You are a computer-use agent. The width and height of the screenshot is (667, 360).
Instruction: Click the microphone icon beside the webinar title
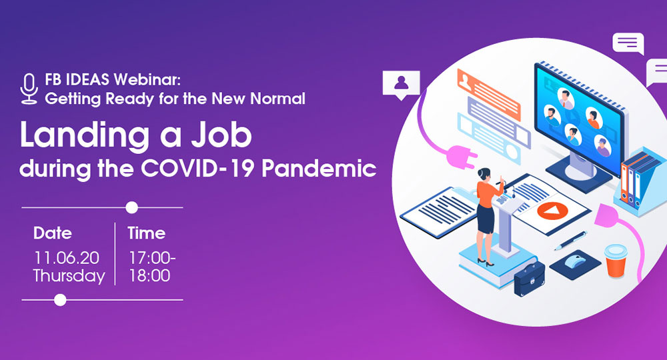(29, 89)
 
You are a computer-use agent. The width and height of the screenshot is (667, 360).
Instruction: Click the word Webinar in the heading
(147, 79)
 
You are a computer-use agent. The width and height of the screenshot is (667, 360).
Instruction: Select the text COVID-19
(198, 168)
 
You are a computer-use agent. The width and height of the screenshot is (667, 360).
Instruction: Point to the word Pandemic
(319, 168)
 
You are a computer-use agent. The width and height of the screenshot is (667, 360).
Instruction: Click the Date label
(53, 233)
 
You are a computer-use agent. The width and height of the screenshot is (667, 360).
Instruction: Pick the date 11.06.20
(66, 257)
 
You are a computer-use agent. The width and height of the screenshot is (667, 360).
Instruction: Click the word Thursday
(69, 276)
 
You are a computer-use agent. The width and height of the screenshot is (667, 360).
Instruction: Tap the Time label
(146, 233)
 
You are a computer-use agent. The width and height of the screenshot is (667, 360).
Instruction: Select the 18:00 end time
(149, 276)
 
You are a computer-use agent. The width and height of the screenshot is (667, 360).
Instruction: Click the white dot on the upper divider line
(132, 207)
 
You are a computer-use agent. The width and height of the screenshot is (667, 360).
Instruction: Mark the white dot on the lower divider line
(61, 300)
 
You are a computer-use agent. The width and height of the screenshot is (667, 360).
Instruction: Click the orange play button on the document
(552, 211)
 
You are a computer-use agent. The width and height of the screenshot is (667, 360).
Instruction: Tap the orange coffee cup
(616, 260)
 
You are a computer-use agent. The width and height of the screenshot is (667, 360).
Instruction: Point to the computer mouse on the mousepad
(575, 261)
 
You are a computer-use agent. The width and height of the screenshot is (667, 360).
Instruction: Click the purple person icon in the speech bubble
(401, 83)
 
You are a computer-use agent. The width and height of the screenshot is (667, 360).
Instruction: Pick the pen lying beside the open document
(571, 241)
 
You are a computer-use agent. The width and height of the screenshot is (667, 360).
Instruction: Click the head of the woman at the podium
(484, 174)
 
